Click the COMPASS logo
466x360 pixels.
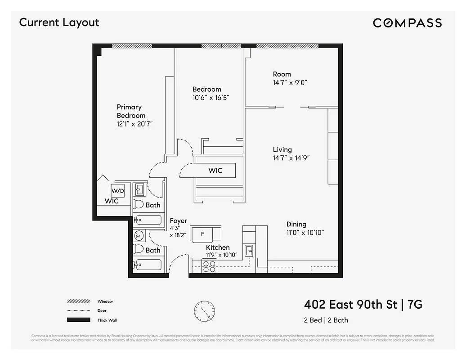click(x=407, y=23)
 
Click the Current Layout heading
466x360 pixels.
click(x=59, y=22)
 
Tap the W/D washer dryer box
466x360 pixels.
click(x=117, y=191)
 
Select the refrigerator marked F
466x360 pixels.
click(x=203, y=234)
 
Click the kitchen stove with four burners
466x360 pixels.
click(x=209, y=267)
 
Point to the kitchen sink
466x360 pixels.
click(x=248, y=251)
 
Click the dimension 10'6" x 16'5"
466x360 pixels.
click(x=211, y=98)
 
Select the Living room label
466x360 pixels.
click(x=282, y=149)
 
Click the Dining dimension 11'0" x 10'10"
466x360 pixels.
click(x=305, y=233)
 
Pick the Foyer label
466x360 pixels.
click(x=178, y=221)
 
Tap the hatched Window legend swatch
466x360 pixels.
click(x=78, y=301)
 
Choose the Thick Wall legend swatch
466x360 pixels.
click(x=78, y=320)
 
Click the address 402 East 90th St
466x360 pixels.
click(x=351, y=305)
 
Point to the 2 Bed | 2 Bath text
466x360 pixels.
click(x=326, y=320)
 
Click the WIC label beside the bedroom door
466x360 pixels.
click(x=215, y=171)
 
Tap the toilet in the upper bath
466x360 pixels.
click(x=139, y=205)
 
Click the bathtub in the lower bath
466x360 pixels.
click(x=148, y=265)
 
